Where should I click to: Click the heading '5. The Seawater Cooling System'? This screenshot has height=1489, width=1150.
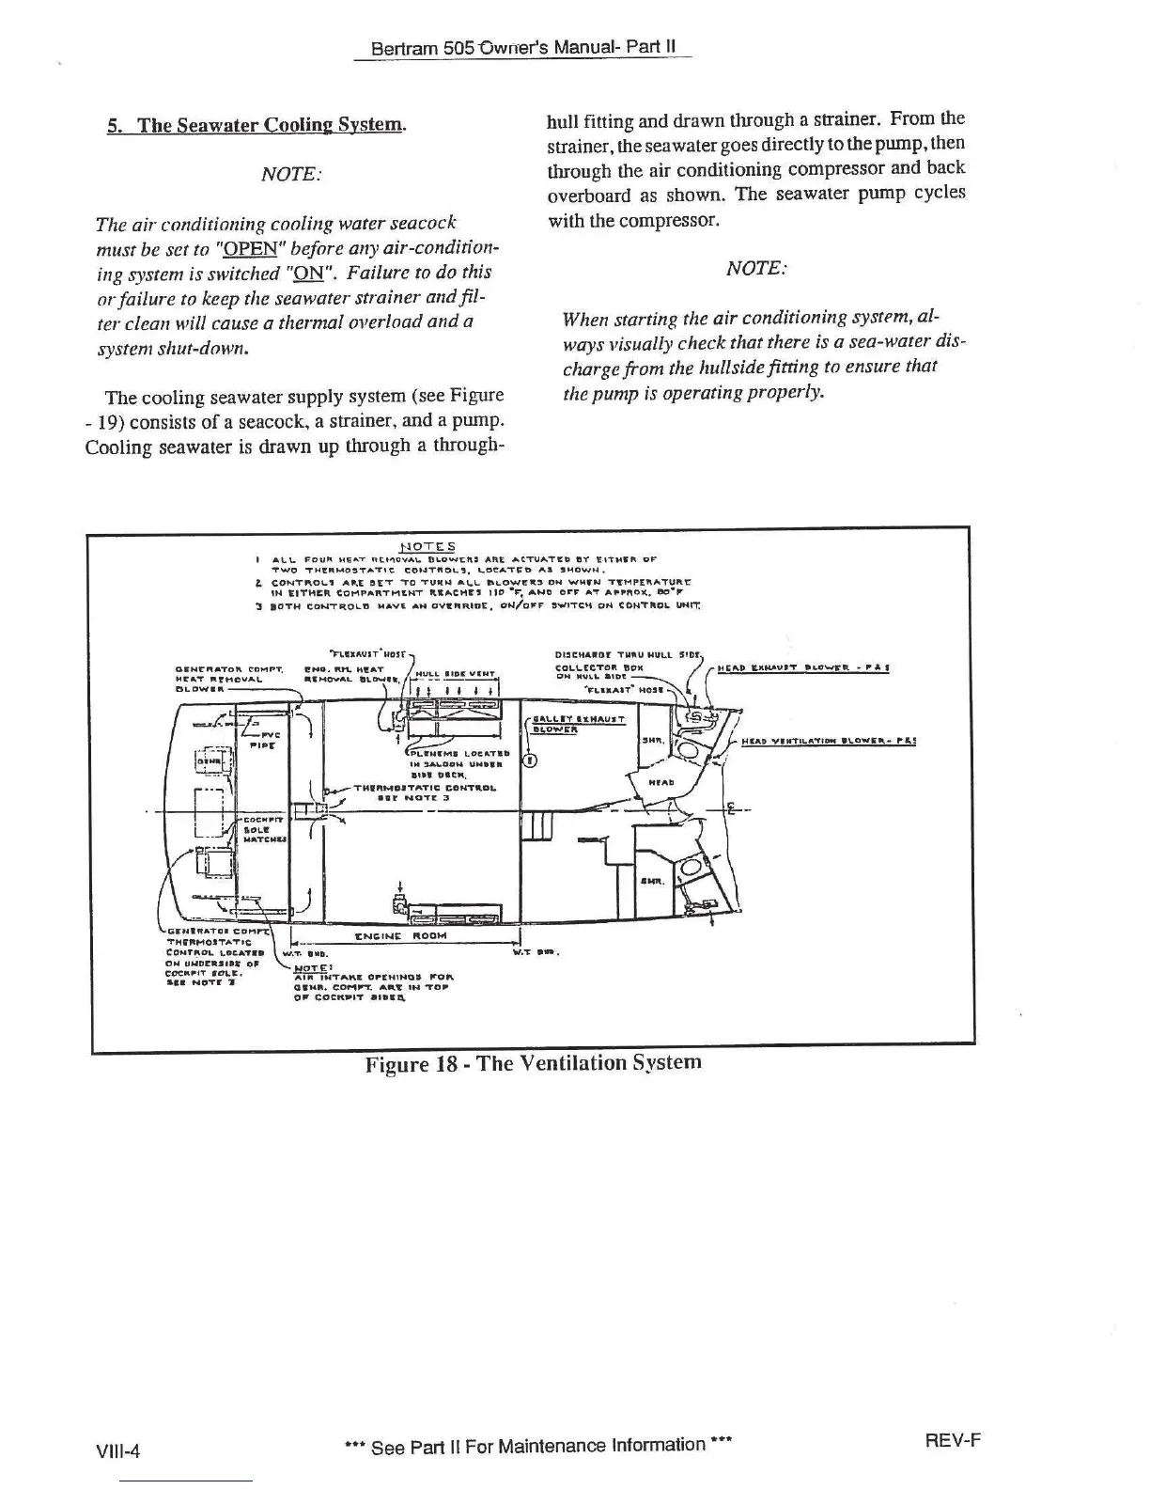(256, 125)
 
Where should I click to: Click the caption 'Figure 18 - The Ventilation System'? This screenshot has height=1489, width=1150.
(533, 1062)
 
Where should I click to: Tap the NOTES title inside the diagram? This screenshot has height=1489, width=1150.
(427, 547)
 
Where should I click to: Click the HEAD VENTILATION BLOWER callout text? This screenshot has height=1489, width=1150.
(829, 740)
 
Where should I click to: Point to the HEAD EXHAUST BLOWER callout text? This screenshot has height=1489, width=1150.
(803, 668)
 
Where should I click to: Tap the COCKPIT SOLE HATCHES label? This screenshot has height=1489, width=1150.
(257, 830)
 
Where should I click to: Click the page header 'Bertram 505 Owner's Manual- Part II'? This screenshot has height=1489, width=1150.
(522, 47)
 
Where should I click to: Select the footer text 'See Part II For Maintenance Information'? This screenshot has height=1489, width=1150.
(538, 1445)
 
